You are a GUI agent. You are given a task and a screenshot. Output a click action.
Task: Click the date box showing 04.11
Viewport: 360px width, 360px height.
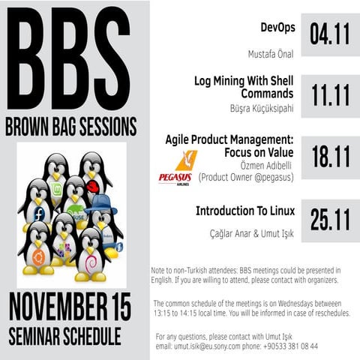tap(331, 34)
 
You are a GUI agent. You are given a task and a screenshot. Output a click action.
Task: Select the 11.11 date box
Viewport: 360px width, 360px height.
tap(331, 96)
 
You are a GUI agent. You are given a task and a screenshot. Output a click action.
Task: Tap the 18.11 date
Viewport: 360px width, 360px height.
tap(331, 157)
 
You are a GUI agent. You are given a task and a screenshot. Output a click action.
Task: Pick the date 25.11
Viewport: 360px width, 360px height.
tap(331, 219)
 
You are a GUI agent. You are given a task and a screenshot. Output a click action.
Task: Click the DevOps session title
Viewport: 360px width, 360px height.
tap(277, 28)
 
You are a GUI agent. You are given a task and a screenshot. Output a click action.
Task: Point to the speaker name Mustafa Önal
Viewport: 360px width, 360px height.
tap(271, 54)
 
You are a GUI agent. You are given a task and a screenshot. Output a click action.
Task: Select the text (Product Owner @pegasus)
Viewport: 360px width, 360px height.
tap(245, 177)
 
